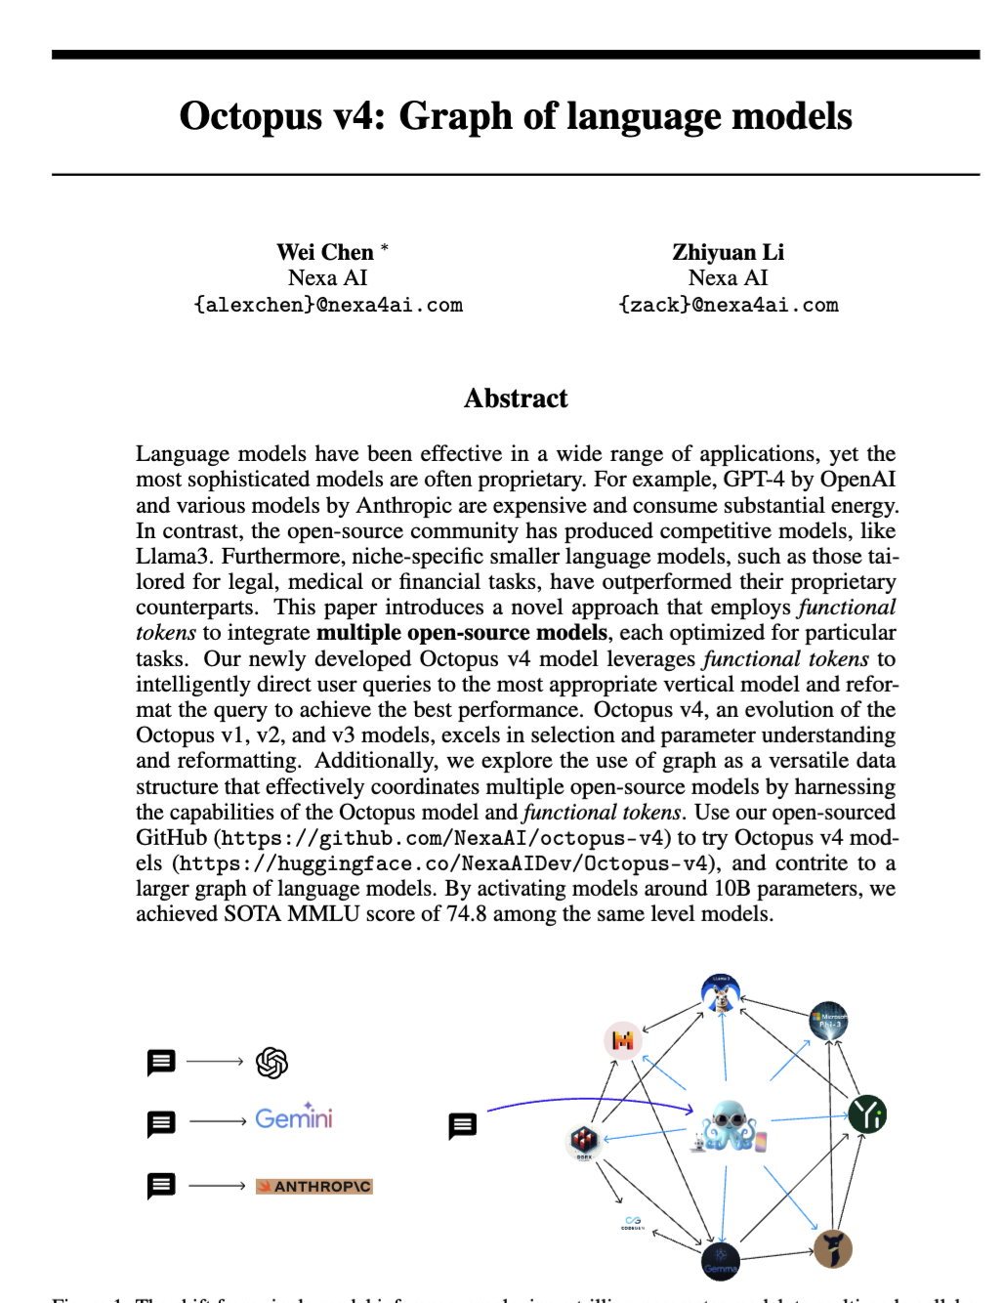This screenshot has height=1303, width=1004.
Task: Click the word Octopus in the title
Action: point(250,116)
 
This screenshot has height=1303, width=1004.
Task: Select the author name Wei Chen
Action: point(324,252)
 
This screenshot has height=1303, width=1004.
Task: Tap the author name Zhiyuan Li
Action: point(728,252)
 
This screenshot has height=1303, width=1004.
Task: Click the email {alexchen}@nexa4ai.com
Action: point(328,305)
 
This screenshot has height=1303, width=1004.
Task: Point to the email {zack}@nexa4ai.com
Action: point(728,305)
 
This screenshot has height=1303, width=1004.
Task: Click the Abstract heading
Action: point(516,399)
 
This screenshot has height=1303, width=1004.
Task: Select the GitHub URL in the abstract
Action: point(442,838)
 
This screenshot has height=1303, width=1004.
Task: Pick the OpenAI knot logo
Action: point(272,1062)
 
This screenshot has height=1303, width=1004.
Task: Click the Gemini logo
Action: point(293,1117)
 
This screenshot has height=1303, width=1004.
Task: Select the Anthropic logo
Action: point(314,1186)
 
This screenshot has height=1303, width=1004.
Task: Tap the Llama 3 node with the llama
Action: point(721,993)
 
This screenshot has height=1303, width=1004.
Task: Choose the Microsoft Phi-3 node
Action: point(829,1020)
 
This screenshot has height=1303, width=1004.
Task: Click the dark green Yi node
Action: point(866,1114)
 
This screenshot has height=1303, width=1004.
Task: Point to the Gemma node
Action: point(721,1261)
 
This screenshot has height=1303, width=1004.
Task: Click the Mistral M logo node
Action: point(622,1040)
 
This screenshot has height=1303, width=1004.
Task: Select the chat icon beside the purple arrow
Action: point(462,1125)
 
